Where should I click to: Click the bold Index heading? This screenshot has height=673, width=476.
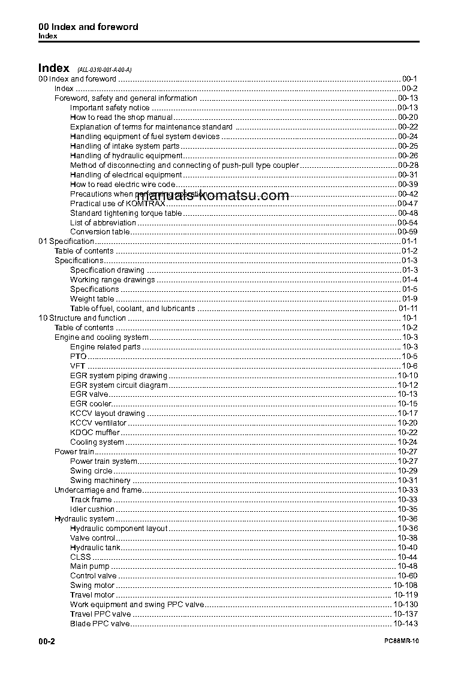click(x=54, y=68)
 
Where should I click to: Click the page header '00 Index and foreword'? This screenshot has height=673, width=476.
click(x=88, y=26)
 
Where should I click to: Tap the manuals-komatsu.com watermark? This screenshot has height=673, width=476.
click(x=213, y=195)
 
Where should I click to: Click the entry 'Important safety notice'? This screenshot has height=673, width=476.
click(x=110, y=108)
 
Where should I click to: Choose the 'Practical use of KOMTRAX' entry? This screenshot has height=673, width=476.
click(x=109, y=204)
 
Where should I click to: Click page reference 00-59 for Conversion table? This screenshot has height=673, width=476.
click(x=408, y=232)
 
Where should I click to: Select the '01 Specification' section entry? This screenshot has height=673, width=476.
click(x=66, y=242)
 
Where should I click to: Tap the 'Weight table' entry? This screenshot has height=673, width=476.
click(x=92, y=299)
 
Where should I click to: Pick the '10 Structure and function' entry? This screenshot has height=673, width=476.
click(x=82, y=318)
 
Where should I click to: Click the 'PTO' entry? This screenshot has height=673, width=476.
click(x=79, y=357)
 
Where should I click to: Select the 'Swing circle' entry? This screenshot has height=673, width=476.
click(x=91, y=471)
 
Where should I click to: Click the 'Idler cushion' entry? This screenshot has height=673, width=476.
click(x=92, y=509)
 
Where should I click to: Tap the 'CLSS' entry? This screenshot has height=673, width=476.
click(x=80, y=557)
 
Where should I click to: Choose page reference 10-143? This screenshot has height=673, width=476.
click(x=406, y=624)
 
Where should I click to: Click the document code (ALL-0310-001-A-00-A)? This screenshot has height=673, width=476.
click(x=100, y=70)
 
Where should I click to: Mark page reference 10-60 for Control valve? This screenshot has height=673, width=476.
click(x=408, y=577)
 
